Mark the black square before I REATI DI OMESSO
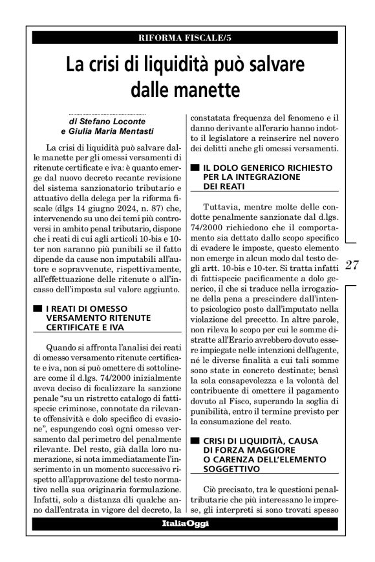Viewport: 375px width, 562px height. [x=39, y=309]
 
